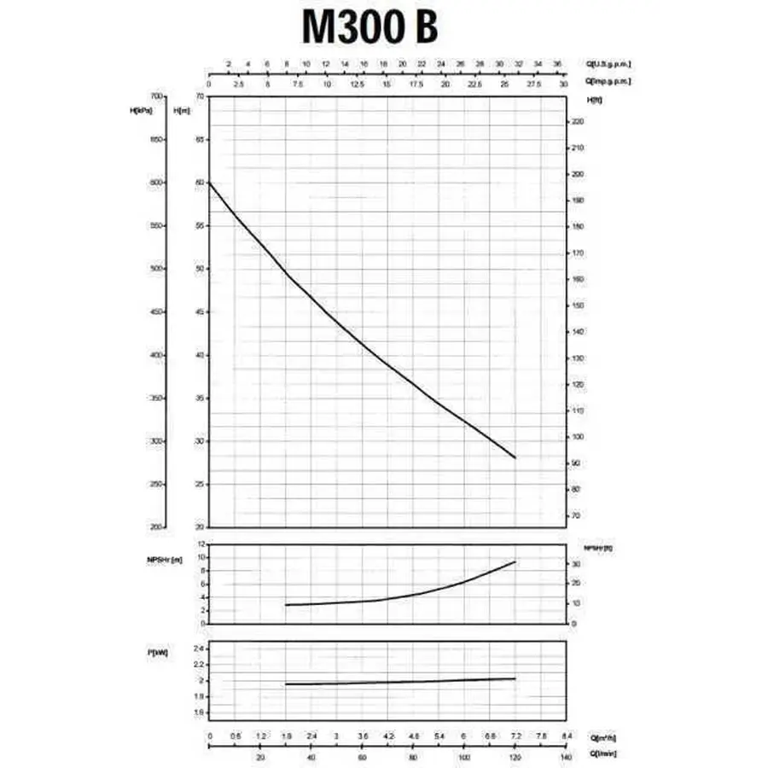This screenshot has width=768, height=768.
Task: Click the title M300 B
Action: click(x=370, y=26)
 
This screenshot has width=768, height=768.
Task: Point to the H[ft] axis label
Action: click(x=595, y=100)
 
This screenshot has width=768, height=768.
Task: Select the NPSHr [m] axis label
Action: click(x=164, y=561)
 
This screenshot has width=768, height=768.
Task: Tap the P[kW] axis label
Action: click(x=157, y=653)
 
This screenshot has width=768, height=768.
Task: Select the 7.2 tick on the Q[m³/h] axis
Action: click(x=515, y=736)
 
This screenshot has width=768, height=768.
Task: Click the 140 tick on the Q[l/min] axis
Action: click(x=564, y=756)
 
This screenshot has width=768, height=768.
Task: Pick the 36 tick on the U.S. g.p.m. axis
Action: click(x=557, y=64)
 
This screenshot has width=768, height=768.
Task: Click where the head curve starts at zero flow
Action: click(x=210, y=183)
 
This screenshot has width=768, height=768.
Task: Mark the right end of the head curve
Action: click(x=515, y=458)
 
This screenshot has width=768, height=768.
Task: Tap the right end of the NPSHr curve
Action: click(x=515, y=561)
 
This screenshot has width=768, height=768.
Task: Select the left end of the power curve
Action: click(x=286, y=684)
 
